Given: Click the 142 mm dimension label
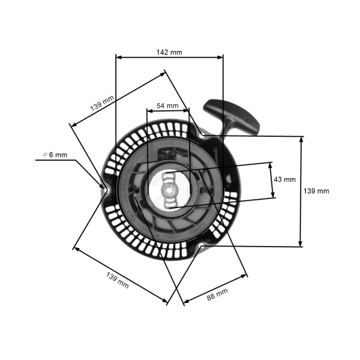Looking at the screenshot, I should click(x=169, y=52).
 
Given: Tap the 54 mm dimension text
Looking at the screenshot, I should click(x=167, y=106).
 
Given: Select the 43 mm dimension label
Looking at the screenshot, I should click(x=284, y=179).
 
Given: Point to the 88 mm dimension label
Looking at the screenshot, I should click(x=217, y=293).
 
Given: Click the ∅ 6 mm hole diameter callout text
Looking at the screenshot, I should click(x=55, y=154).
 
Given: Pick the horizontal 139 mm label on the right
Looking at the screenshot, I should click(x=316, y=191).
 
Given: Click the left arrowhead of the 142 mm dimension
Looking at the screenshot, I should click(x=118, y=58).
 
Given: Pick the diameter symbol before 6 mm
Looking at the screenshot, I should click(x=46, y=154).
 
